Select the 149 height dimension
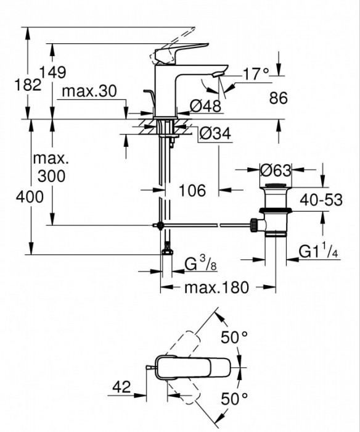(53, 72)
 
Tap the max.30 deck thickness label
(90, 91)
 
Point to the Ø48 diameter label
(205, 106)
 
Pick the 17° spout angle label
(256, 73)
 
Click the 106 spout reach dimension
(192, 191)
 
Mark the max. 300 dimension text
(52, 167)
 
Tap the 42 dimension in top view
(122, 387)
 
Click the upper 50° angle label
(234, 338)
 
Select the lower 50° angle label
(234, 398)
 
